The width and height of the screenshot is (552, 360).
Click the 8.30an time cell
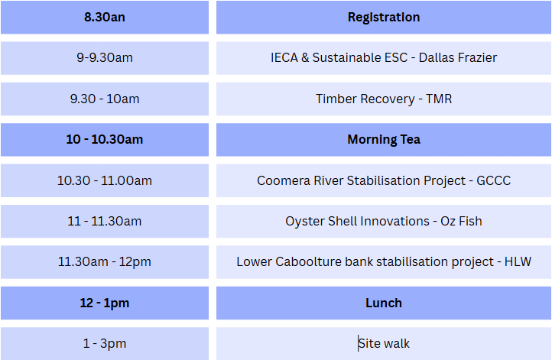coord(105,18)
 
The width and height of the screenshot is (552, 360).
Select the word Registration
coord(384,18)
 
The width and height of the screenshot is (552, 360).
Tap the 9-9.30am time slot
coord(105,58)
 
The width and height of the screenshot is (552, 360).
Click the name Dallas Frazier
coord(458,58)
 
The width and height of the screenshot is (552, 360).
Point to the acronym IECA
coord(284,58)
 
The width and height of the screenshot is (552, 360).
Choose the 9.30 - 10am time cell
coord(105,99)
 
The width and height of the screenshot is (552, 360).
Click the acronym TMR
coord(439,99)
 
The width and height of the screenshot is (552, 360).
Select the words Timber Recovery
coord(365,99)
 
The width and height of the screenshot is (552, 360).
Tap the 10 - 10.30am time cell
coord(105,140)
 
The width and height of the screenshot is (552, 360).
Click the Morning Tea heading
coord(384,140)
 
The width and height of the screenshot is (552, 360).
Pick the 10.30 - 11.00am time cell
coord(105,180)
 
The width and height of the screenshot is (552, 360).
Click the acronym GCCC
coord(493,180)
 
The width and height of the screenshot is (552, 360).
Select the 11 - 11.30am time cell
coord(105,222)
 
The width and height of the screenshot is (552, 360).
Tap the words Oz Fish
coord(461,222)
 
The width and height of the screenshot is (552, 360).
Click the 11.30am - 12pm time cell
coord(105,262)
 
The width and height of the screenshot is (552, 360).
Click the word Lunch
coord(384,303)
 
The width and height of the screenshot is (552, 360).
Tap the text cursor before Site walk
coord(359,343)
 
